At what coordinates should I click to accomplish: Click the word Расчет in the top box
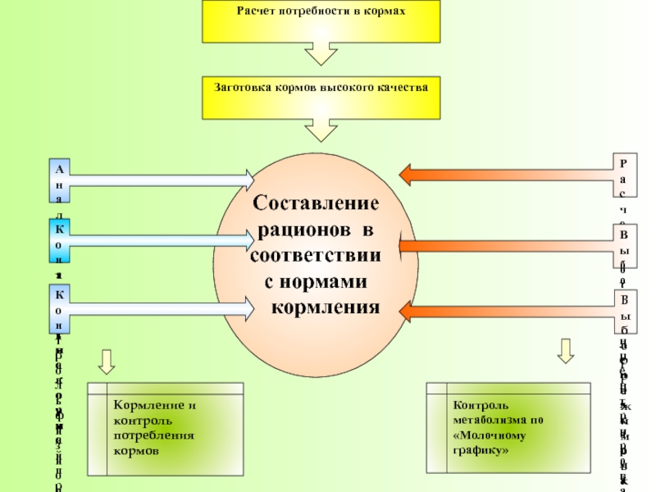click(255, 11)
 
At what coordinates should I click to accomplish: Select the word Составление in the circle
click(316, 203)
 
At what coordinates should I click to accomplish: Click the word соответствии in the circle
click(316, 255)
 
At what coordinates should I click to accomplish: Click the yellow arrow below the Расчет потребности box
click(321, 52)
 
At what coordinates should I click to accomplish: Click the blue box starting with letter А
click(59, 180)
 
